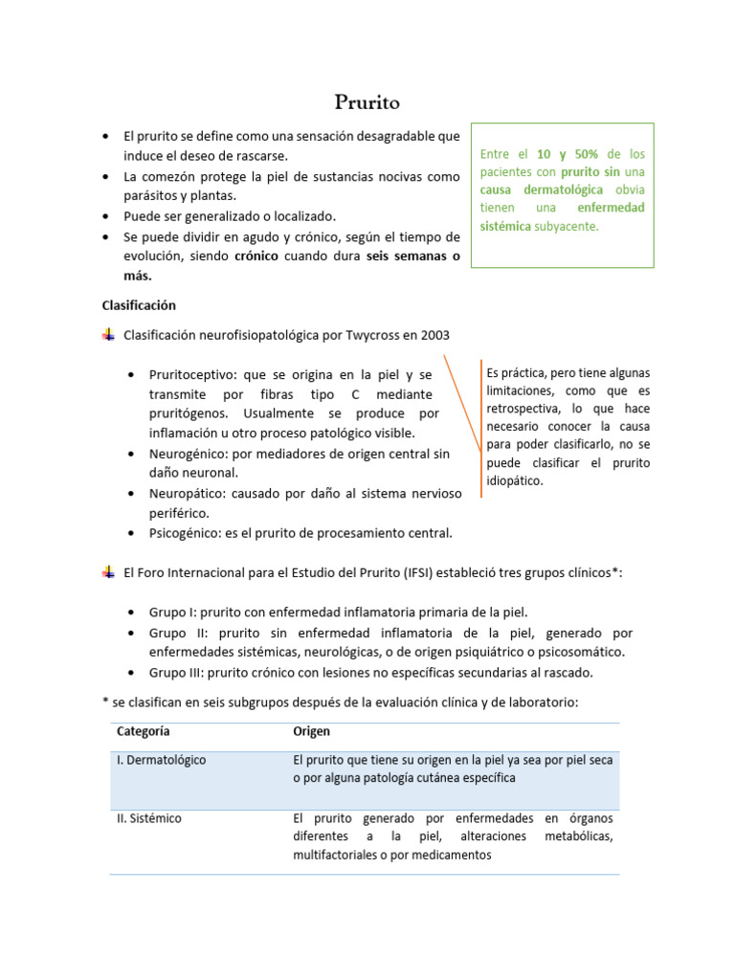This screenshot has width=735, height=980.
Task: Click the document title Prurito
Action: (x=367, y=101)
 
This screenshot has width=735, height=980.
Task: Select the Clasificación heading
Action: (x=139, y=305)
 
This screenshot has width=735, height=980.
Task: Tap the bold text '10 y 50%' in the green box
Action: (x=567, y=154)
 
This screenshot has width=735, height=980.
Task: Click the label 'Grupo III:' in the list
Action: (x=176, y=672)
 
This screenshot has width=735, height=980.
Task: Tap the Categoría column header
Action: (x=144, y=731)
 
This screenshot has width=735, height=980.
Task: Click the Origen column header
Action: (x=311, y=731)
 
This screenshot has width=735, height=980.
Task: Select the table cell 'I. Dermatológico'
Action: (x=161, y=760)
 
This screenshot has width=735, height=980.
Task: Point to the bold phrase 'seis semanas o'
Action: (x=413, y=256)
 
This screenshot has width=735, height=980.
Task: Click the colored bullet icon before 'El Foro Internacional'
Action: (x=107, y=572)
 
